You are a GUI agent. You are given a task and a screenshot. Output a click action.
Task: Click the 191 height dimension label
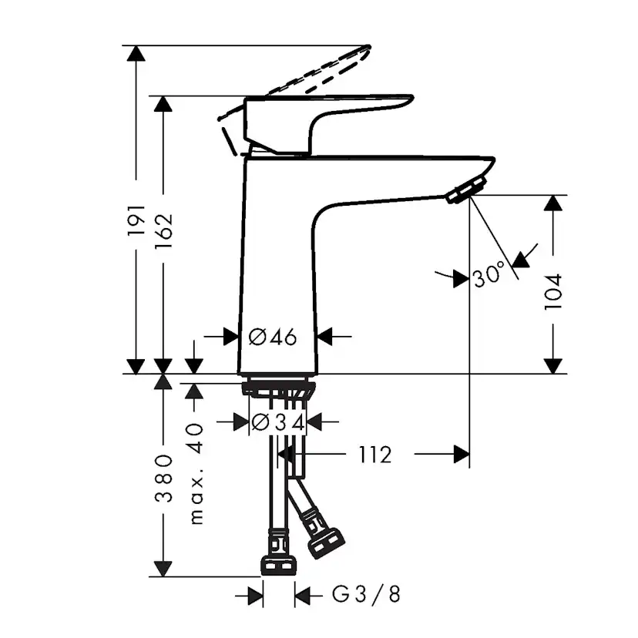click(136, 220)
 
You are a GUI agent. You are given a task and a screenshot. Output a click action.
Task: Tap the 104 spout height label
click(553, 291)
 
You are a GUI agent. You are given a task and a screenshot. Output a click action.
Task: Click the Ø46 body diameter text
click(273, 337)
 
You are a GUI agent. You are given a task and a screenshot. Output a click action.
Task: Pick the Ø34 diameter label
click(279, 421)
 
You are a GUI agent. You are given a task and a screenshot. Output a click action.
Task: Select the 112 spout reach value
click(374, 455)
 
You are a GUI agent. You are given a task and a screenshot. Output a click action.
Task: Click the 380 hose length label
click(163, 478)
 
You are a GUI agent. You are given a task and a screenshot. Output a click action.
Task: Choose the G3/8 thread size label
click(366, 595)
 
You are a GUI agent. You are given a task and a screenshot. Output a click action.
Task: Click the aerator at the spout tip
click(467, 190)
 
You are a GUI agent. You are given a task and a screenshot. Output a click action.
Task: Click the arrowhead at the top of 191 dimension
click(136, 53)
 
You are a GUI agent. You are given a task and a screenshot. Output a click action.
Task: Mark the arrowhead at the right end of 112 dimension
click(462, 455)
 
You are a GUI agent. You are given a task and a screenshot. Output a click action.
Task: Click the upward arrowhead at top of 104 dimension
click(553, 203)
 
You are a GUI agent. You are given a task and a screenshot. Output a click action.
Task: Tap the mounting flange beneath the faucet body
click(279, 387)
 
